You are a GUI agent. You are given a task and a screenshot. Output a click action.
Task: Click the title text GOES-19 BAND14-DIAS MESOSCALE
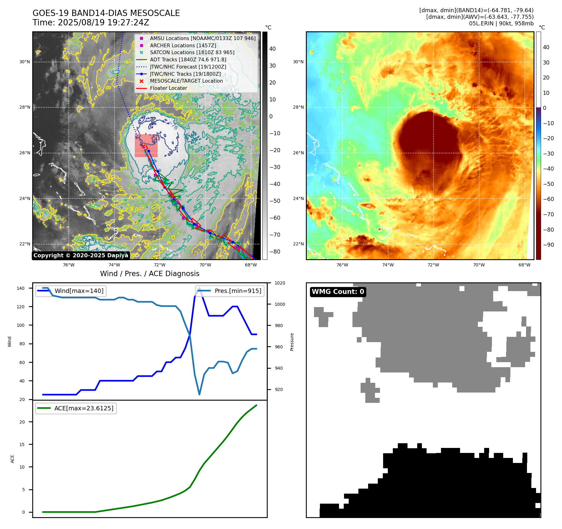pos(106,13)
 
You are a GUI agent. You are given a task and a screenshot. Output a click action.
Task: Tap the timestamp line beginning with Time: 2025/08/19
pos(91,23)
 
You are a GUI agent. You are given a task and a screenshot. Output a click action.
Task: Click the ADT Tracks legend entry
pos(188,59)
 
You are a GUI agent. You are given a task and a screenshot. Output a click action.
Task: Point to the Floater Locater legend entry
pos(168,88)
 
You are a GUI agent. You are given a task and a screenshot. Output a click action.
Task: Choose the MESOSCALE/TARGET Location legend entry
pos(186,81)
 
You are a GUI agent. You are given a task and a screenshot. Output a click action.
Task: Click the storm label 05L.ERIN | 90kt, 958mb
pos(501,23)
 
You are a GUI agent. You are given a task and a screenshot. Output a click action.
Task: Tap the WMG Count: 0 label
pos(338,292)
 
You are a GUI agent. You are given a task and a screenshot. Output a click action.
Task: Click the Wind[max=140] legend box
pos(71,291)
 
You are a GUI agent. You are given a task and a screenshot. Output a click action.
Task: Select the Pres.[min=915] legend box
pos(230,291)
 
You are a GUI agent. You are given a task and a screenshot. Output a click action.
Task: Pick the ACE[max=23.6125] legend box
pos(76,408)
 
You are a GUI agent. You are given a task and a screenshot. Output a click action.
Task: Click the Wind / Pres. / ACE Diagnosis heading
pos(149,274)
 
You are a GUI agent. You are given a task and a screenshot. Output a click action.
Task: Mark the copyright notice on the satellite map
pos(81,255)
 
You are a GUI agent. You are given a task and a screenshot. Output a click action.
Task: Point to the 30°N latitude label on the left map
pos(25,62)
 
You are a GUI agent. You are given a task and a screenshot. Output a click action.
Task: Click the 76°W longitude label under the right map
pos(342,265)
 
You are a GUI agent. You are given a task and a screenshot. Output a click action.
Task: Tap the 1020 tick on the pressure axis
pos(280,283)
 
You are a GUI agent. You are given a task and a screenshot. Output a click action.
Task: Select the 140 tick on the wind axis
pos(21,288)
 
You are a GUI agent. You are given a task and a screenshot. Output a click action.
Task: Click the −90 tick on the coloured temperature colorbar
pos(548,245)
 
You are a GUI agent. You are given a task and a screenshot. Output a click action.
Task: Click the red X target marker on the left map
pos(143,146)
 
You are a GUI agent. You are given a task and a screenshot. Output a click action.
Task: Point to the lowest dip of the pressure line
pos(199,394)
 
